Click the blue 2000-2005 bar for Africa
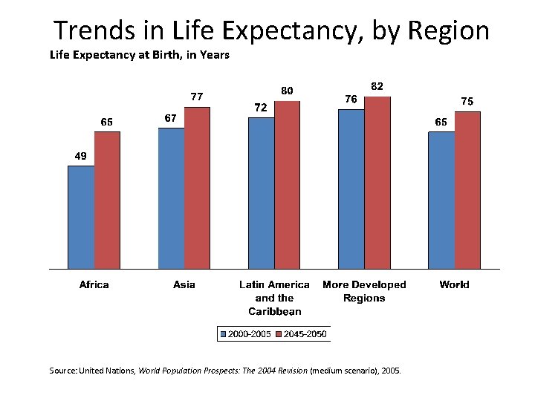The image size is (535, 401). coord(81,217)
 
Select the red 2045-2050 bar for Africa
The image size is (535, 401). coord(107,200)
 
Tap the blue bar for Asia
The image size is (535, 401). coord(171,198)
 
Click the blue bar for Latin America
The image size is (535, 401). coord(261,193)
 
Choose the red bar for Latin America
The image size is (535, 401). coord(287,185)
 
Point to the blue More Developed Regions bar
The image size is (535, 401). coord(351,189)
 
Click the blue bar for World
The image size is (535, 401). coord(441,200)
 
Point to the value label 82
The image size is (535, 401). coord(377,86)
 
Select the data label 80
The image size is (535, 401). coord(286,91)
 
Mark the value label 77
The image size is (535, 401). coord(197,97)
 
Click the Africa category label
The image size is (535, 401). coord(94,284)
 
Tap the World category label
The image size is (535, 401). coord(454,284)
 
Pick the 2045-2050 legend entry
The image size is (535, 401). coord(302,334)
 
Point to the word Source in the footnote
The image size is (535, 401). coord(62,369)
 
